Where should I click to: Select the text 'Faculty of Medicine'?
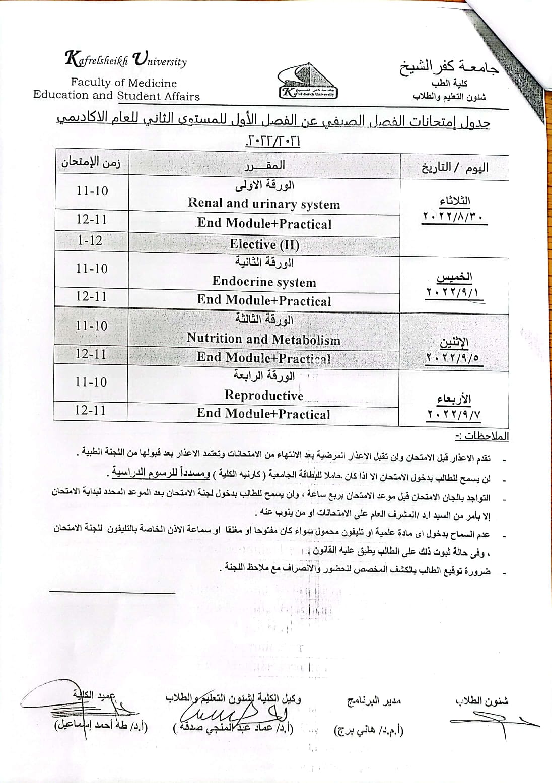tap(123, 83)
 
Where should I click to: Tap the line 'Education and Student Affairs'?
tap(116, 96)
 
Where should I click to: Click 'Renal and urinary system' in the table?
tap(264, 204)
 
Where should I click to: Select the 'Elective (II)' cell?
tap(264, 245)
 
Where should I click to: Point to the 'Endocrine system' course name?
tap(264, 282)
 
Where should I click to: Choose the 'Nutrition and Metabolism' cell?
tap(263, 339)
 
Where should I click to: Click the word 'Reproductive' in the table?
tap(264, 395)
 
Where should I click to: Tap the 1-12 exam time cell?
tap(90, 240)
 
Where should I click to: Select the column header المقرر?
tap(264, 165)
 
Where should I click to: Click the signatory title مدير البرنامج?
tap(374, 700)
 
